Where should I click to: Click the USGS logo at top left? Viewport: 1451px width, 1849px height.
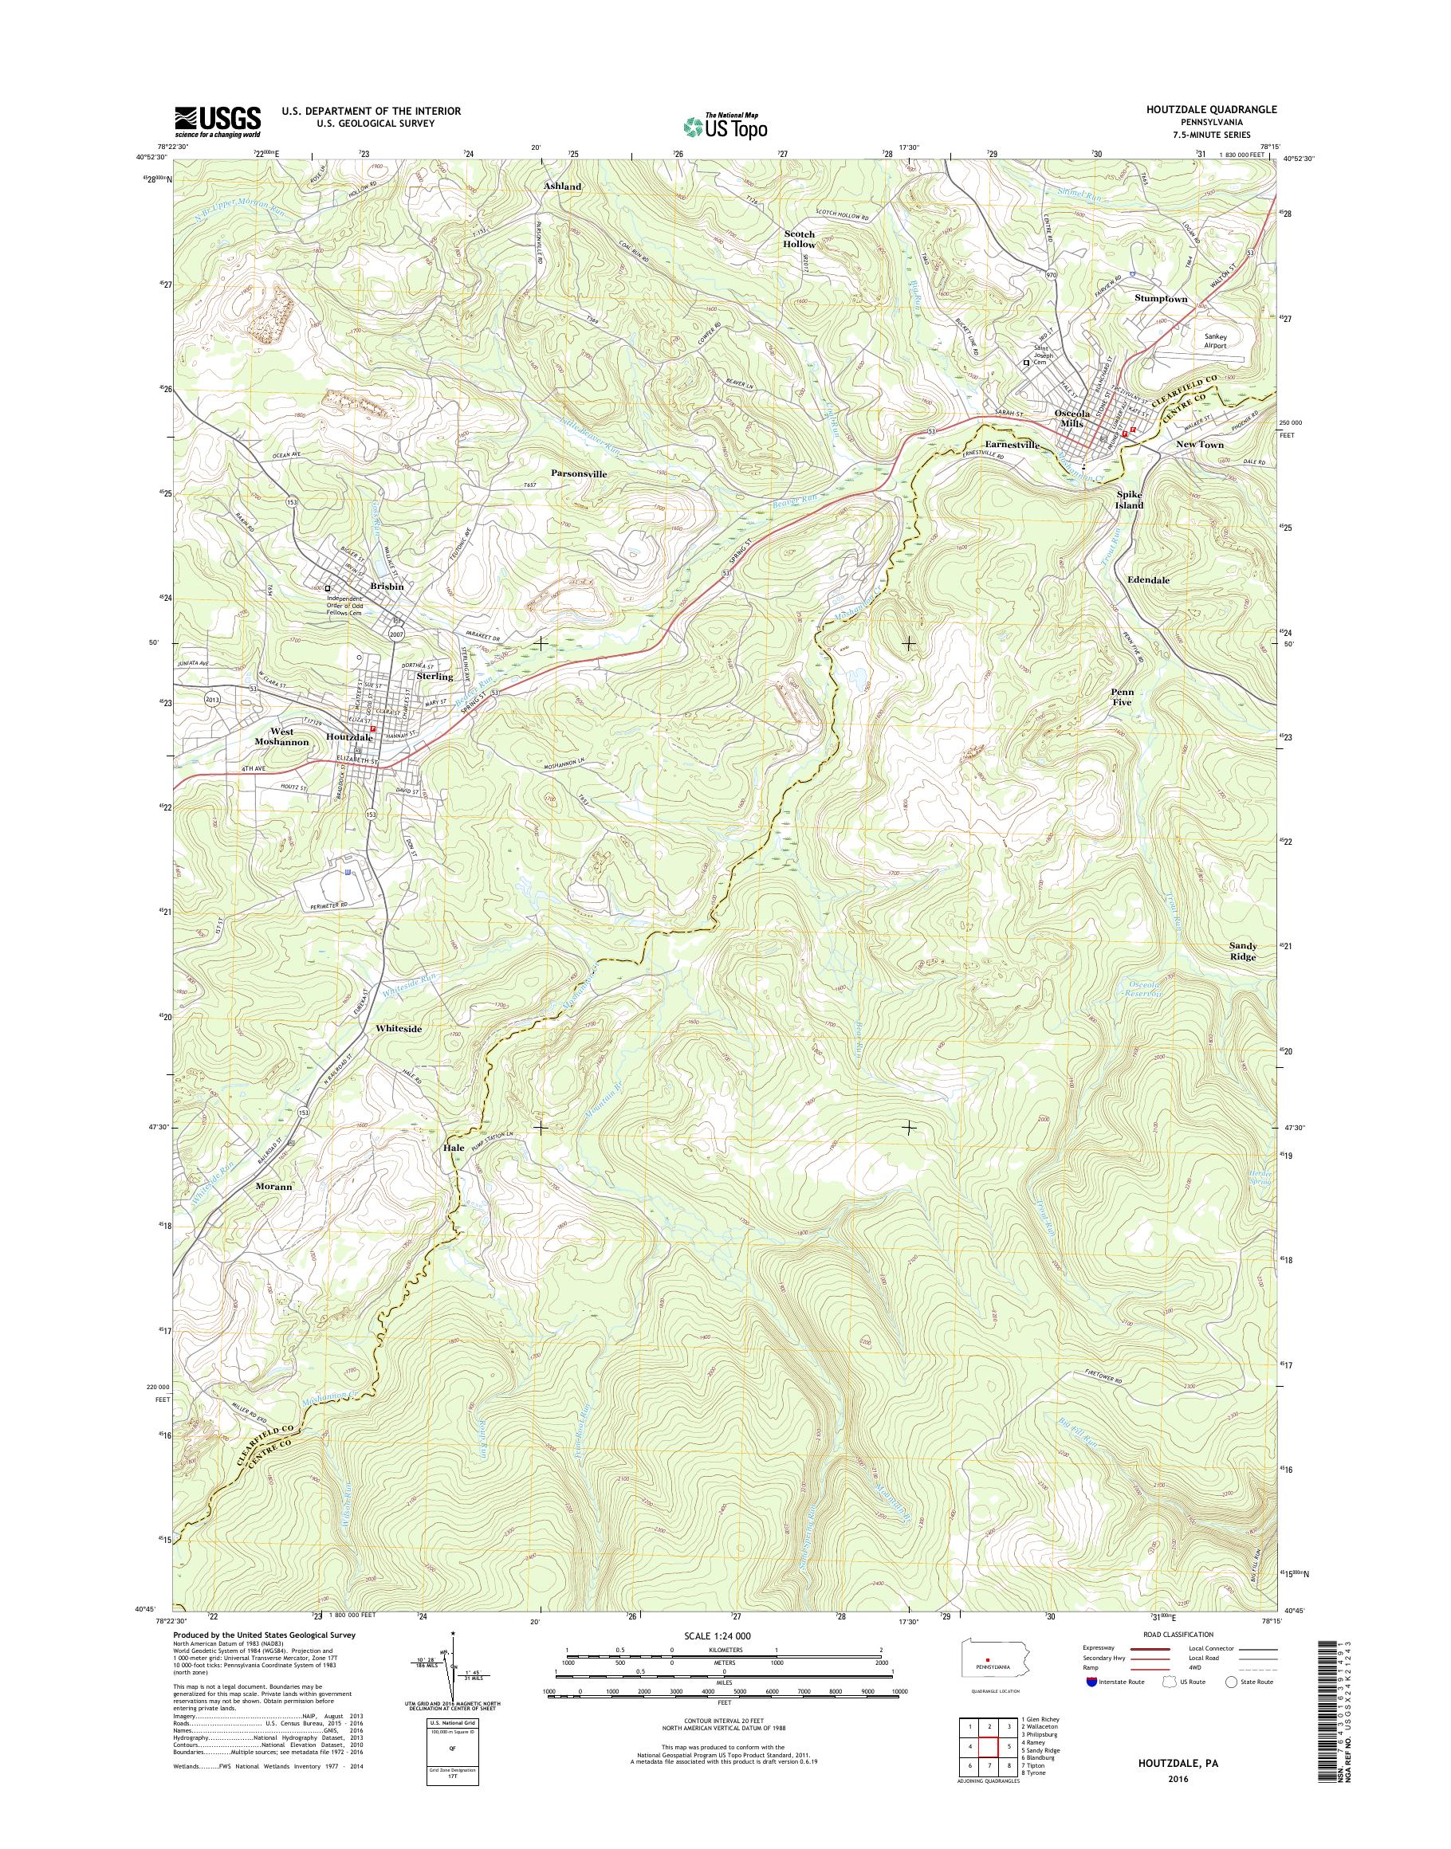pyautogui.click(x=218, y=121)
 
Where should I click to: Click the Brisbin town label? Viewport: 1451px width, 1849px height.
pyautogui.click(x=387, y=586)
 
